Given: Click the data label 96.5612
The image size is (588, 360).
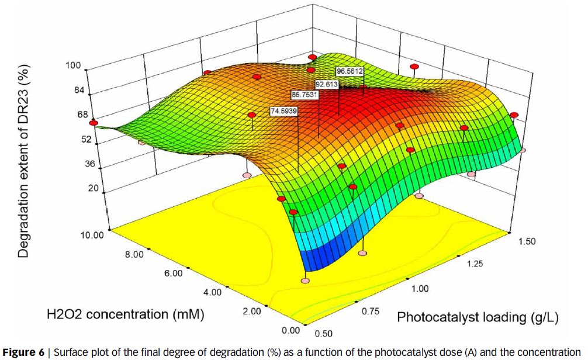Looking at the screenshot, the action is point(350,71).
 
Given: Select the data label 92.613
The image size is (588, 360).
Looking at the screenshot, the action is point(327,84).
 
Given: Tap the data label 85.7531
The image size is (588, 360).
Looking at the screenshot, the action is point(305,95).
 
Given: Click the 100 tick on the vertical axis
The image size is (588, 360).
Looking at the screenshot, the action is point(73,65).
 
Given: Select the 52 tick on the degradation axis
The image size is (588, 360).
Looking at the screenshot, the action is point(87,140).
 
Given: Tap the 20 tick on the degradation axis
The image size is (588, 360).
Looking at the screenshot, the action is point(92,188).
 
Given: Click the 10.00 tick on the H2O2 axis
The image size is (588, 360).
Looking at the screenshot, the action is point(92,235).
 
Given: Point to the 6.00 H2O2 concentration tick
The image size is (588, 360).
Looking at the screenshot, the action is point(173,273).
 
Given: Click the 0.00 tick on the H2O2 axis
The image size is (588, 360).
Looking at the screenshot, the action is point(290,330).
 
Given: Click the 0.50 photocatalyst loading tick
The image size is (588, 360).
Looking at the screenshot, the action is point(323,333).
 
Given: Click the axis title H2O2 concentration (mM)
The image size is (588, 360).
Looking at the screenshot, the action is point(125,314).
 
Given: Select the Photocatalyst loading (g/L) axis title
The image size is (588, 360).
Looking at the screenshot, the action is point(478,317).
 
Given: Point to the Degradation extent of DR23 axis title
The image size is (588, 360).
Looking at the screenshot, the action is point(23,161).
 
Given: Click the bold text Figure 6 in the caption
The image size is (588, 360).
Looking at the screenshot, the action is point(23,353).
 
